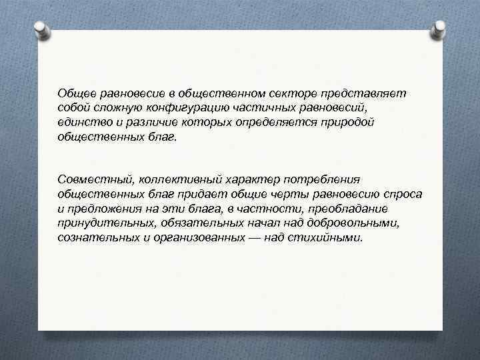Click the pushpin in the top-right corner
(440, 28)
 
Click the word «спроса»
(401, 193)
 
